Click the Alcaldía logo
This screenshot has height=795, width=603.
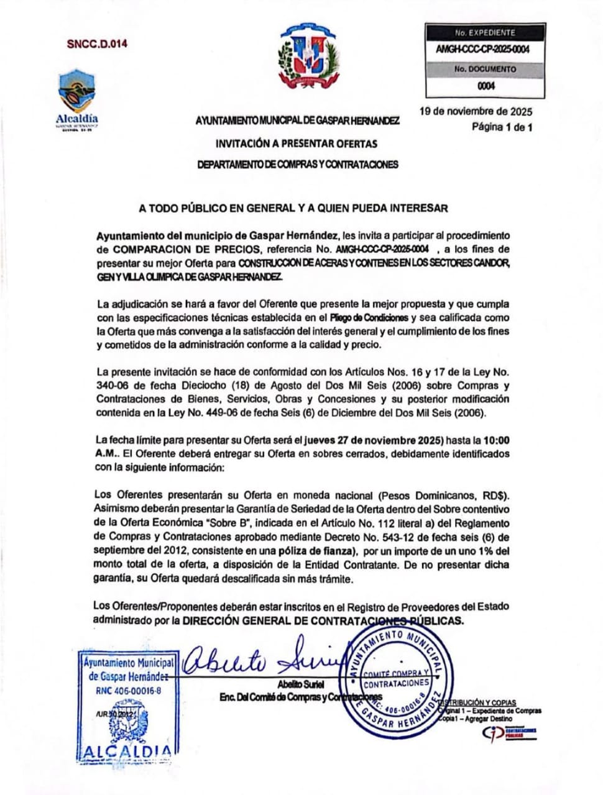click(77, 99)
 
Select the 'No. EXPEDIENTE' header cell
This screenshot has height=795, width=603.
click(485, 32)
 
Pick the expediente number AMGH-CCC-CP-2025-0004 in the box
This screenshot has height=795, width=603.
click(483, 50)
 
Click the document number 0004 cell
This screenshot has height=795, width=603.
click(486, 86)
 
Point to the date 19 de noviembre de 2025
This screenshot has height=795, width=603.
click(476, 112)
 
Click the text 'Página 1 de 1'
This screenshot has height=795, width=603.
click(502, 127)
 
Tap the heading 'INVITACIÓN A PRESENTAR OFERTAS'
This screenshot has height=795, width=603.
click(297, 143)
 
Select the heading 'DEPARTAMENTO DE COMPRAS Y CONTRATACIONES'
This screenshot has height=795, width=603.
click(297, 165)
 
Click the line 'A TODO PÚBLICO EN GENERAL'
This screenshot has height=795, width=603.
click(293, 208)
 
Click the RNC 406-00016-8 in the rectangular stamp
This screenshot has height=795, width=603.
click(129, 690)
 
